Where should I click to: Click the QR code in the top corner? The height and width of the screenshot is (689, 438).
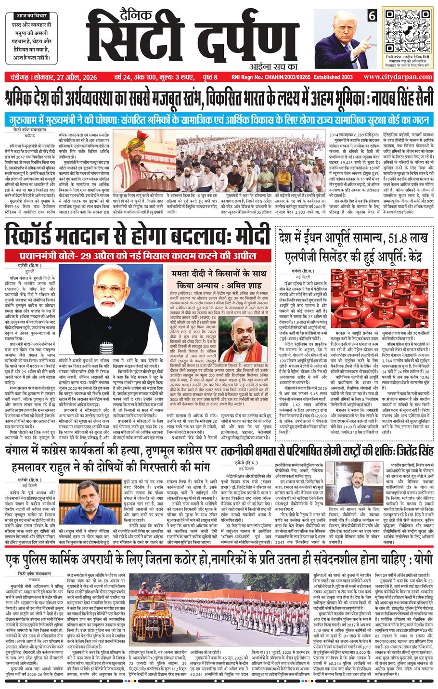(x=408, y=31)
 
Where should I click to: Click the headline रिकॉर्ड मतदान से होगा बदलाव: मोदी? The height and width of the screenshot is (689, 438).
(x=137, y=237)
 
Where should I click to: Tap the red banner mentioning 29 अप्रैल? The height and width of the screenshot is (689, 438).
(x=137, y=255)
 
